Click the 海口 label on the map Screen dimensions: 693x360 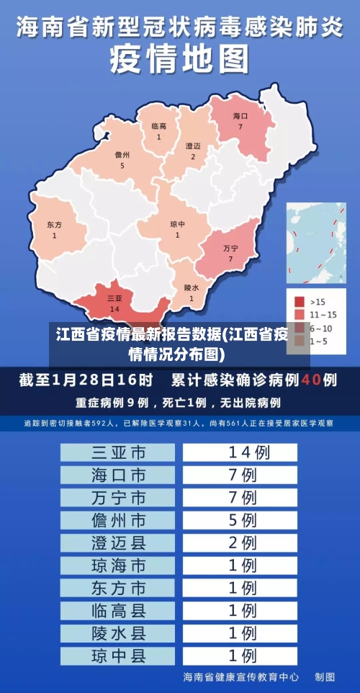[x=240, y=116]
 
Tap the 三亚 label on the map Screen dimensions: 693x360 [x=114, y=298]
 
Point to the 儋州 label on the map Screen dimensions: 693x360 [x=122, y=155]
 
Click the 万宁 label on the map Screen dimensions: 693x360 [x=231, y=248]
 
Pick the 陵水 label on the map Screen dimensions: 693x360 [x=192, y=287]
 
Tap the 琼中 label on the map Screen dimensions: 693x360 [x=177, y=224]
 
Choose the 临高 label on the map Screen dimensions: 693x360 [x=159, y=126]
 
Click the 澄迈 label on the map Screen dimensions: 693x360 [x=193, y=146]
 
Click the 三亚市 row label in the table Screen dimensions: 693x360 [x=118, y=452]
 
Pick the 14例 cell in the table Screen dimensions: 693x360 [x=240, y=452]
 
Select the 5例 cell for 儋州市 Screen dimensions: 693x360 [x=240, y=519]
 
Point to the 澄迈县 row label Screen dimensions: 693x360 [x=118, y=542]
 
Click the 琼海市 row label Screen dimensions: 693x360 [x=118, y=565]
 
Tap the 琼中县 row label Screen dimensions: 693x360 [x=118, y=656]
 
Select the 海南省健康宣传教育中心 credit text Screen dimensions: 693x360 [x=241, y=677]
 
